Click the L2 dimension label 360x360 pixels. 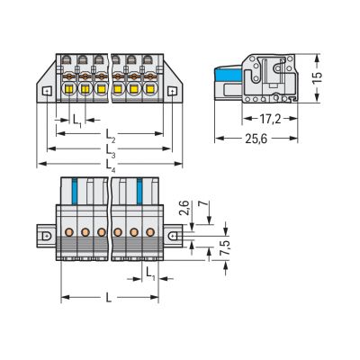pos(109,132)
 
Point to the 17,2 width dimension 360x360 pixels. pos(270,119)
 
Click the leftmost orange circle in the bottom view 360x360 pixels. pos(69,231)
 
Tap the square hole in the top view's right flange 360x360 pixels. pos(175,91)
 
